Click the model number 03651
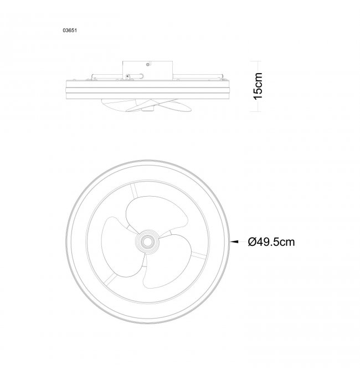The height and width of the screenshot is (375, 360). coord(70,30)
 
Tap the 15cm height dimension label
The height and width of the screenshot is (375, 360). coord(258,86)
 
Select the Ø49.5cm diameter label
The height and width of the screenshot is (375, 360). coord(271,242)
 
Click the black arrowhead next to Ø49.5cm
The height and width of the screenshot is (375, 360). coord(234,242)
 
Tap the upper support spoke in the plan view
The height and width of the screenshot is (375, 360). coord(134,191)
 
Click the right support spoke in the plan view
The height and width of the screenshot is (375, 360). coord(199,256)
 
